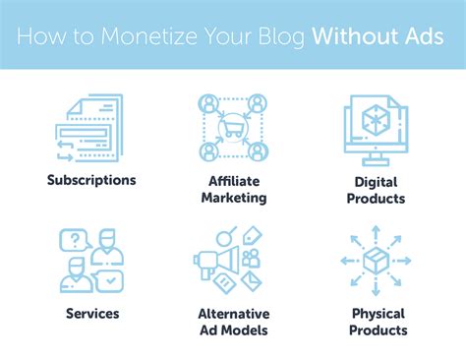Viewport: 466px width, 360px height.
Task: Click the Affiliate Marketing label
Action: (x=233, y=189)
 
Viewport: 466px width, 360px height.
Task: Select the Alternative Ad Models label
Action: (x=233, y=322)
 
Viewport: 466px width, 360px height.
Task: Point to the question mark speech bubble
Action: (x=74, y=239)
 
